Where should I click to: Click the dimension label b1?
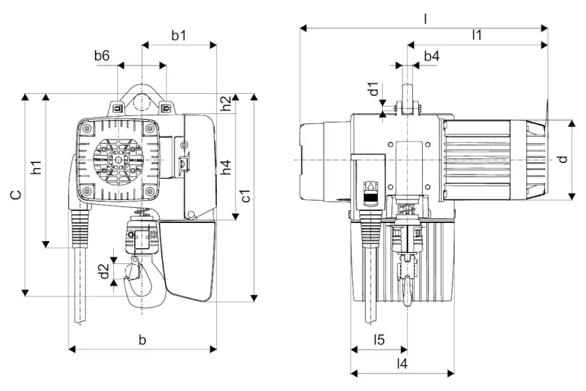[x=178, y=35]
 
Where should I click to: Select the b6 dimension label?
[x=102, y=56]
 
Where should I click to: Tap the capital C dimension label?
[x=16, y=195]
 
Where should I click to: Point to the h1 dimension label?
[x=36, y=167]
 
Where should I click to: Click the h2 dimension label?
[x=226, y=104]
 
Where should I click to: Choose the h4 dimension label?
[x=226, y=167]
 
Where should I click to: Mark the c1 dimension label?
[x=245, y=195]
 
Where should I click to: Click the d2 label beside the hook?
[x=104, y=271]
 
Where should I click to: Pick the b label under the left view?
[x=143, y=340]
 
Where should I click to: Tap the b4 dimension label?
[x=432, y=56]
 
